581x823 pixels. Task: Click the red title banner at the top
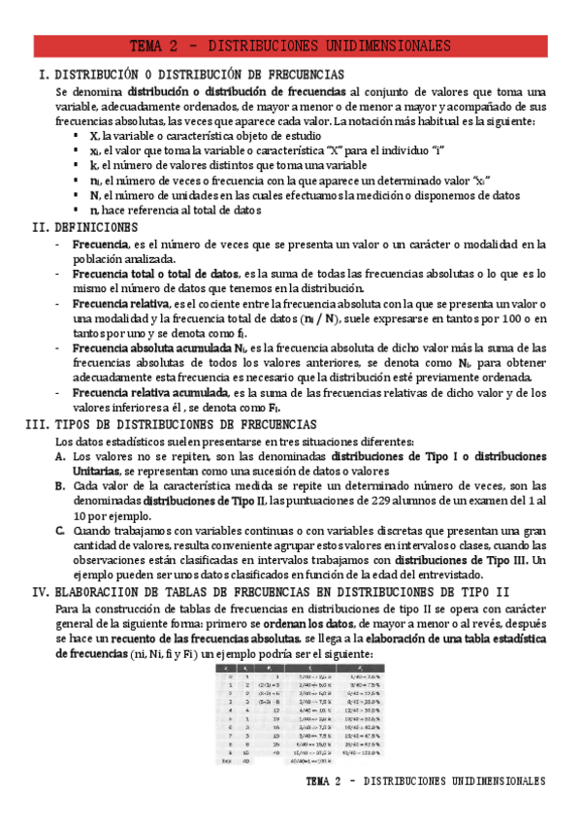(x=290, y=46)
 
